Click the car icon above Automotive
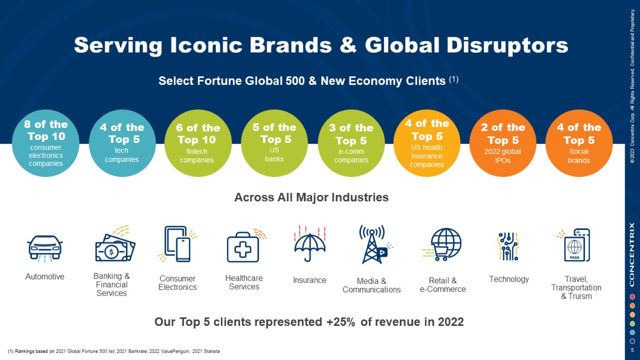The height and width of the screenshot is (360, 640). coord(45,247)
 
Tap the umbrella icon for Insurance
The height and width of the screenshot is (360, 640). coord(310,244)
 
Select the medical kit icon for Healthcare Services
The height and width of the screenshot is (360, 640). coord(244,247)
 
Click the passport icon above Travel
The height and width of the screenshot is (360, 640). coord(576,245)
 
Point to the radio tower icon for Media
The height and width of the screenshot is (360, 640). coord(373,244)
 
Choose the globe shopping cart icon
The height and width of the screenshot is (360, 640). coord(444,244)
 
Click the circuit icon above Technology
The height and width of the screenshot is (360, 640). coord(508,246)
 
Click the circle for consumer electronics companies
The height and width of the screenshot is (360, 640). coord(46,143)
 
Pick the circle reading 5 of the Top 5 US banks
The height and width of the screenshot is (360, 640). coord(274,143)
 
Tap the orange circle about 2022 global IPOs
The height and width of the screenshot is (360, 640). coord(503,143)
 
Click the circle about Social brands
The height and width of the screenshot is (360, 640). coord(579,143)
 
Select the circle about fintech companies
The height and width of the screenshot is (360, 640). coord(198,143)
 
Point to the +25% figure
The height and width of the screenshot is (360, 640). coord(340,322)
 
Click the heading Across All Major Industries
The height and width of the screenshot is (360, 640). coord(311,197)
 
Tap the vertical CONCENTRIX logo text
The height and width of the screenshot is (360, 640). coord(632,255)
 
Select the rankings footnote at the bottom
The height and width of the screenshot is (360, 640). coord(114,351)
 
